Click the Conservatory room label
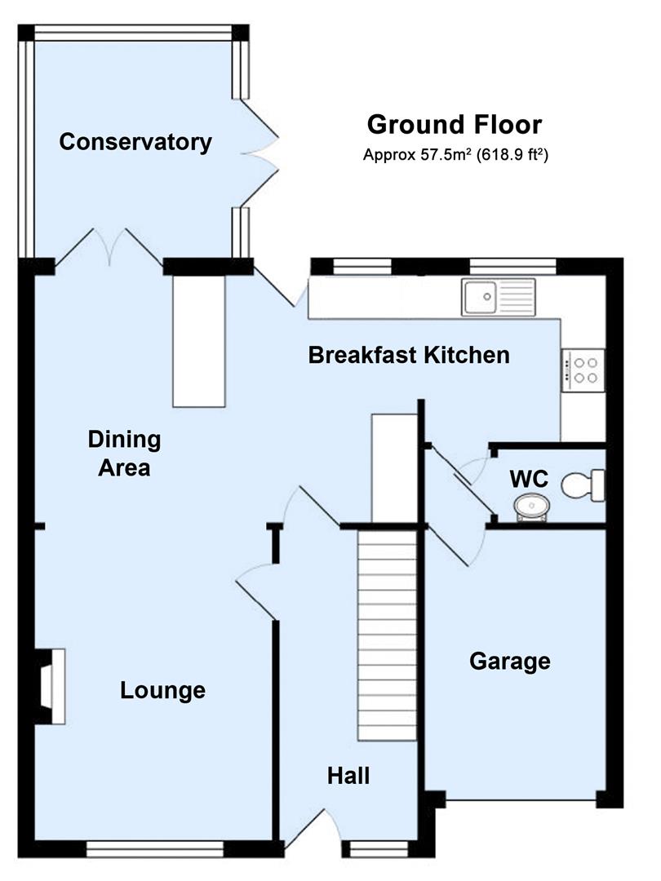(135, 142)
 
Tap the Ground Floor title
(454, 125)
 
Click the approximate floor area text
(455, 153)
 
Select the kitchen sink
(497, 296)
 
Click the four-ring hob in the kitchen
(583, 366)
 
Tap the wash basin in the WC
(532, 507)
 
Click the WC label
(529, 478)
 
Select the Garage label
(509, 661)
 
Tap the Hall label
(348, 775)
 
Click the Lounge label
(162, 691)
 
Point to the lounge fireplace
(51, 685)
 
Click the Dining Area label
(124, 454)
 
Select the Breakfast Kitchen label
(409, 355)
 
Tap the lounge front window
(154, 851)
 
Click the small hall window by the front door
(379, 851)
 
